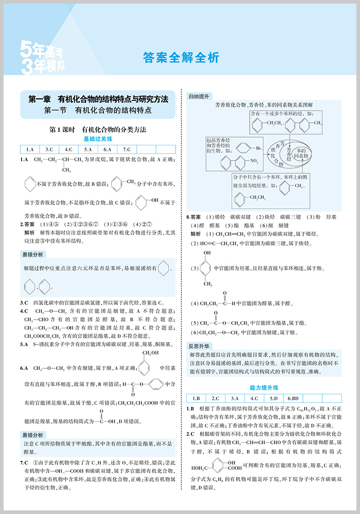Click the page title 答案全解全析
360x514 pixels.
click(x=180, y=58)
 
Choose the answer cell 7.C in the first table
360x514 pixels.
click(x=126, y=150)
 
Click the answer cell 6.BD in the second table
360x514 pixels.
click(x=293, y=398)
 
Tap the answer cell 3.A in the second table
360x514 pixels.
click(x=234, y=398)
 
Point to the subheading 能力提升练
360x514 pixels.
click(x=264, y=387)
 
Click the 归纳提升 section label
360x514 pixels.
click(x=198, y=96)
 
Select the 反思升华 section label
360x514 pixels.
click(x=198, y=345)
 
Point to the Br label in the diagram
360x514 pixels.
click(x=259, y=147)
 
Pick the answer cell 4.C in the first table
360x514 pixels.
click(x=68, y=150)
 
